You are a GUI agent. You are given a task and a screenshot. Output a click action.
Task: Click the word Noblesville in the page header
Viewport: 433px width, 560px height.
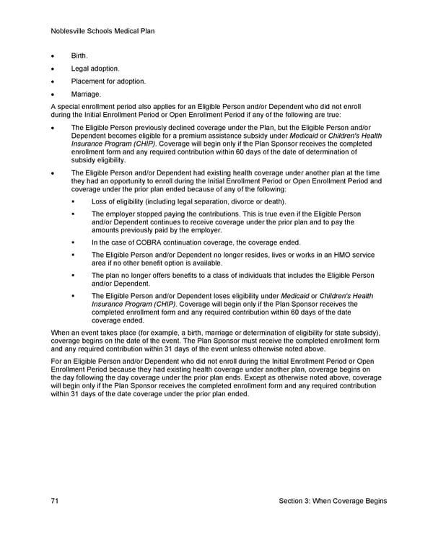click(70, 31)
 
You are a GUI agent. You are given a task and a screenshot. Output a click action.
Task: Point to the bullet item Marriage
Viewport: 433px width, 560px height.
click(86, 95)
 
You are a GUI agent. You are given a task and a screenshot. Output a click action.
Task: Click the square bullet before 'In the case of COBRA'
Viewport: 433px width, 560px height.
click(74, 242)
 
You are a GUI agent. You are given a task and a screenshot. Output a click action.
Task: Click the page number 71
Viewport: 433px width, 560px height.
click(55, 501)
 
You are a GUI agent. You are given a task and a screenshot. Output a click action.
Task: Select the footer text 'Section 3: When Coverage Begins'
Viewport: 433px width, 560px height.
click(333, 501)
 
